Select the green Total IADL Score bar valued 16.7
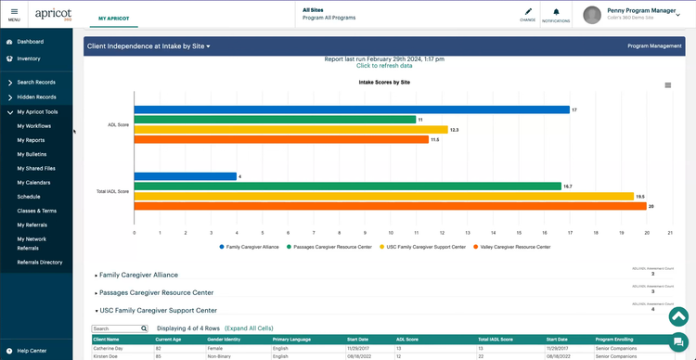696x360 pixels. click(347, 186)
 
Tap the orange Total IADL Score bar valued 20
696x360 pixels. click(390, 206)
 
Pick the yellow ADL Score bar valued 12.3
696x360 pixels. click(290, 130)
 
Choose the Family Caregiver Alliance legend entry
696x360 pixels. click(251, 247)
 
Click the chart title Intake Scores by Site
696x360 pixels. click(384, 83)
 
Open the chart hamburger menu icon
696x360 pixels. click(667, 85)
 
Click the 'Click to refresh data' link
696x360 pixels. click(384, 66)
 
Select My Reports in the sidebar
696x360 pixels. click(32, 139)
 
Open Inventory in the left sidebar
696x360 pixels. click(28, 58)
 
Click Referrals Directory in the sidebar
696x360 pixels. click(40, 263)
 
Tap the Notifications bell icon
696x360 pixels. click(556, 13)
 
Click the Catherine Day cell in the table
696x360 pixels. click(109, 348)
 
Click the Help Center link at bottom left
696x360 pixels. click(32, 351)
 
